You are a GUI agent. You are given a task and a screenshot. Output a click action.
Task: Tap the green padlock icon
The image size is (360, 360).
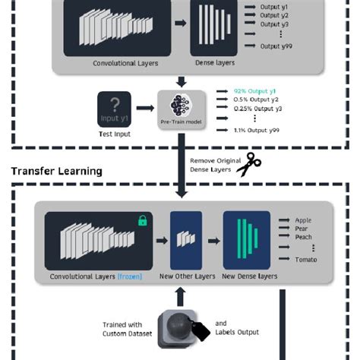[x=141, y=220]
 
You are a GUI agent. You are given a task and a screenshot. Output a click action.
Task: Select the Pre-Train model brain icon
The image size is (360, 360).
[x=181, y=104]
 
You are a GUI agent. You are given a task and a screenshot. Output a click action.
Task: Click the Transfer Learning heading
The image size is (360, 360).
[x=57, y=171]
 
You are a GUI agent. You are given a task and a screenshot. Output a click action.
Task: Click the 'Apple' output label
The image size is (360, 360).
[x=303, y=221]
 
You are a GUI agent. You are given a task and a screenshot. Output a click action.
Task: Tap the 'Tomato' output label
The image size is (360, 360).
[x=306, y=260]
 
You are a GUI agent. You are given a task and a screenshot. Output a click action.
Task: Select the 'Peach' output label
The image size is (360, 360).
[x=304, y=237]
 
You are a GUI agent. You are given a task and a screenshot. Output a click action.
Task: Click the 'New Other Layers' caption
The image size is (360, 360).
[x=185, y=276]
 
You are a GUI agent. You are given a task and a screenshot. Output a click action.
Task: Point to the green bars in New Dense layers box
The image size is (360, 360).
[x=246, y=239]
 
